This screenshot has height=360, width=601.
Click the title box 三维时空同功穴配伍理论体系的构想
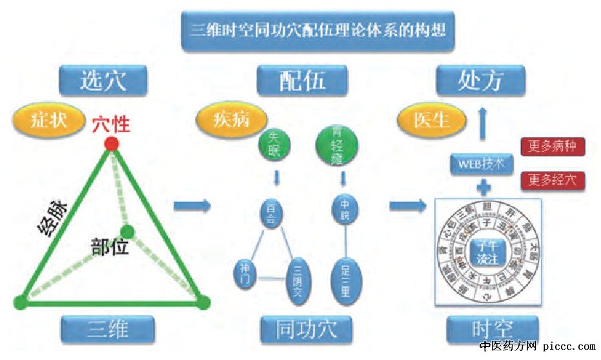point(319,30)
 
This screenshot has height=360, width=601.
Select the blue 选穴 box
point(103,81)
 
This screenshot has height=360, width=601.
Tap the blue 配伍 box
point(302,81)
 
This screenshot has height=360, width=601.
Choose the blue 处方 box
point(480,81)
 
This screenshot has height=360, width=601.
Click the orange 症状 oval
point(49,119)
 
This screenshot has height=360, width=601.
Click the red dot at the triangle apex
point(112,143)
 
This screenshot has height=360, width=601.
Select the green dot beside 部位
point(127,231)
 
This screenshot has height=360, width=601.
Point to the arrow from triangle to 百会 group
point(192,206)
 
